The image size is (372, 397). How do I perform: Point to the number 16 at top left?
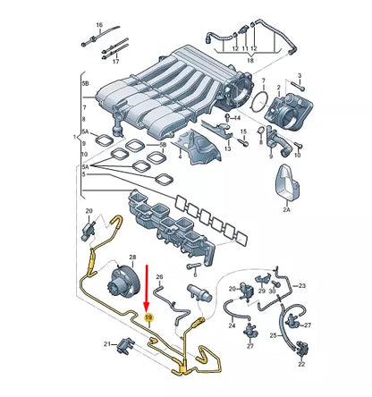coord(99,24)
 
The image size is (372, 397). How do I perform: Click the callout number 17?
coord(114,63)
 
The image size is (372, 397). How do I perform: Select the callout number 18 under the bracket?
coord(249,61)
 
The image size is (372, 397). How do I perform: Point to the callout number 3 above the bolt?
coord(241,126)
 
